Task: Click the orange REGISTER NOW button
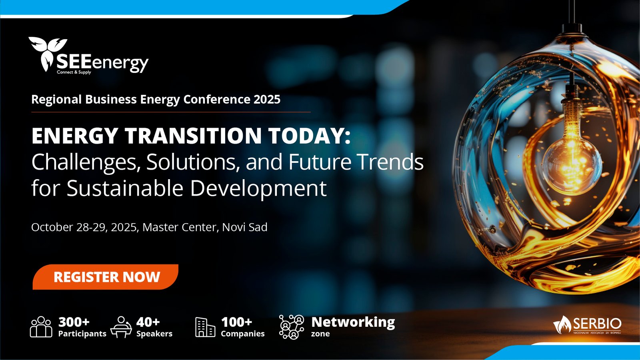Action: coord(106,277)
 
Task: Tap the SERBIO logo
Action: coord(588,325)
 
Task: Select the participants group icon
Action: coord(41,327)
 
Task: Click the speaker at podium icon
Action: coord(121,327)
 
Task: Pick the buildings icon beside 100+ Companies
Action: coord(205,327)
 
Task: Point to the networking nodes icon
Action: coord(292,327)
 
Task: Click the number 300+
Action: coord(74,322)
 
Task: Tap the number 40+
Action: coord(148,322)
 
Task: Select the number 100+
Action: coord(236,322)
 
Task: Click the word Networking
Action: coord(353,322)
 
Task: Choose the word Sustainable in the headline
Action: coord(125,188)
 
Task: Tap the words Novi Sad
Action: coord(245,227)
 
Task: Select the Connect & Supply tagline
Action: coord(74,72)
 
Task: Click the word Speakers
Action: coord(154,334)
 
